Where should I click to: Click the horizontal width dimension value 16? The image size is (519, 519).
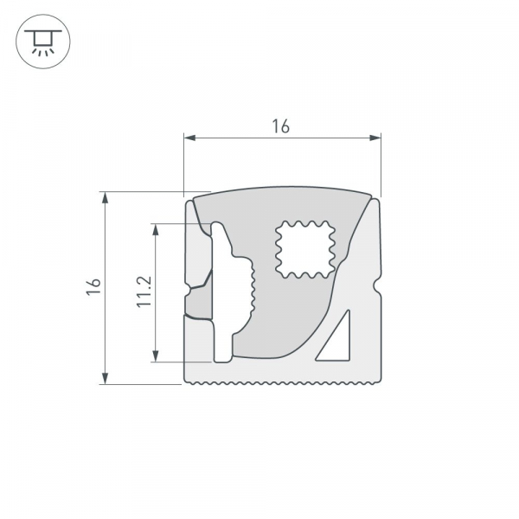tap(280, 126)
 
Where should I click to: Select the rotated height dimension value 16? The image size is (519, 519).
tap(93, 288)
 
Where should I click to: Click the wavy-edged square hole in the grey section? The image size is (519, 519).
tap(304, 249)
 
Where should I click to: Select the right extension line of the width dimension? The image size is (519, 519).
tap(381, 164)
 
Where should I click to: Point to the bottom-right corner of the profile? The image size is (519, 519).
tap(379, 380)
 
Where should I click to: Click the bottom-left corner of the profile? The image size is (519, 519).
tap(188, 380)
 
